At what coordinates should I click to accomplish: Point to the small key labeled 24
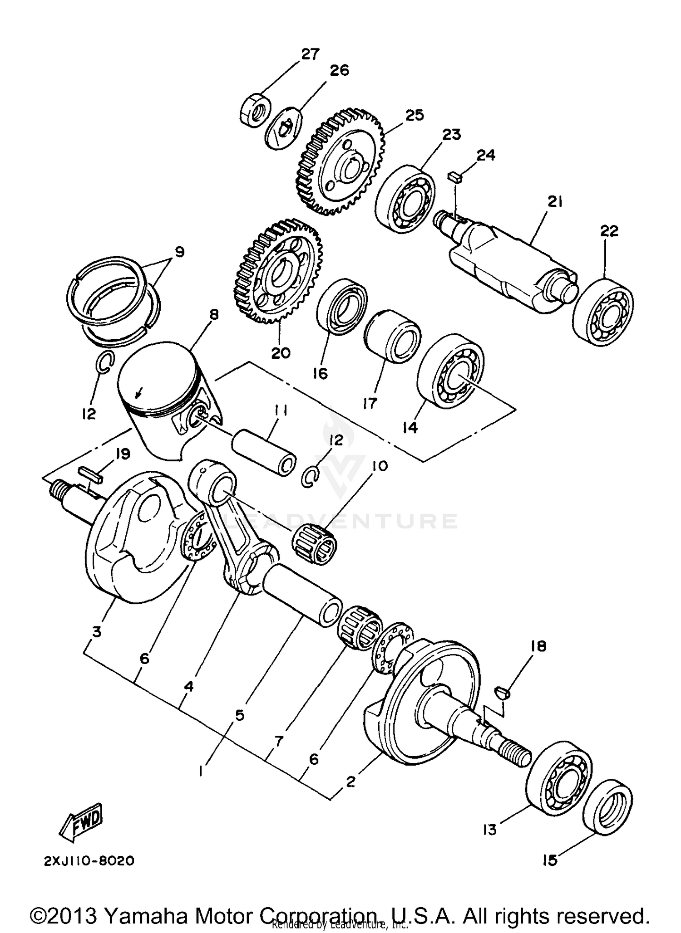click(454, 176)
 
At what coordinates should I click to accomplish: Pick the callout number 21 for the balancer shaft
click(554, 201)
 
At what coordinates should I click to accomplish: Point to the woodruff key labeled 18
click(503, 693)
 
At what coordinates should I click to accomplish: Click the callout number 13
click(490, 829)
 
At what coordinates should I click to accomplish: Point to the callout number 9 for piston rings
click(179, 251)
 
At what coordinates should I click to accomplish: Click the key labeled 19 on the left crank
click(91, 475)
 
